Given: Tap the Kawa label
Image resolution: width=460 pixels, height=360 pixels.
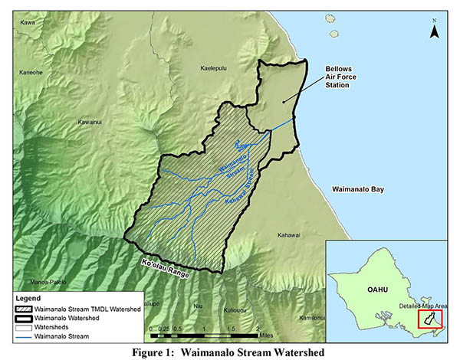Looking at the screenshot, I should tap(28, 22).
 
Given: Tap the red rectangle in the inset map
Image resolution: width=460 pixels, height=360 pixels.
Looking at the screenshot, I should tap(428, 319).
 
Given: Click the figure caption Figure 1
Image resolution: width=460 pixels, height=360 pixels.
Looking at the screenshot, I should tap(230, 352).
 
